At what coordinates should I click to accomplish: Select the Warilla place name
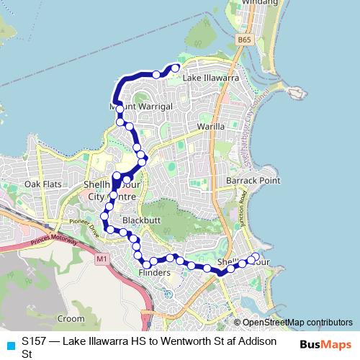[211, 126]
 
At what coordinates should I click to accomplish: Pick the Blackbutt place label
[140, 219]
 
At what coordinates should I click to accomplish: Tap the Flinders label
[155, 274]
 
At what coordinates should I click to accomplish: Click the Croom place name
[71, 318]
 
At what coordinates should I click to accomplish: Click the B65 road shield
[245, 42]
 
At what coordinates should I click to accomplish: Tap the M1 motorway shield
[101, 257]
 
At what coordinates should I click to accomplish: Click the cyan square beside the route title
[9, 344]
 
